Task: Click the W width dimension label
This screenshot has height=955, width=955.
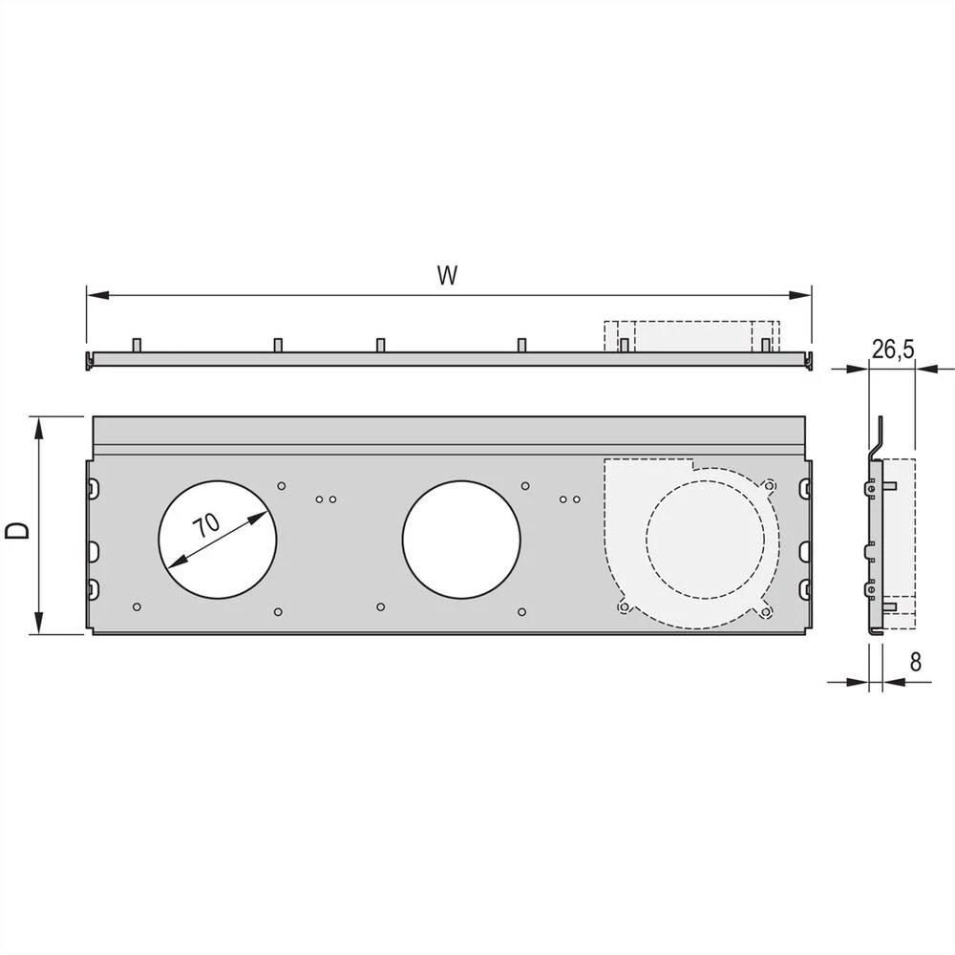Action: click(446, 276)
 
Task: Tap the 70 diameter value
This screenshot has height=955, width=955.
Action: click(205, 527)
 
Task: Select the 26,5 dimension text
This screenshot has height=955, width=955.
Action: click(893, 350)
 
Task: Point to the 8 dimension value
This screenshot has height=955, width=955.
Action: click(916, 662)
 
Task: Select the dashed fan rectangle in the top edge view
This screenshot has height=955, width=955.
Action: click(691, 335)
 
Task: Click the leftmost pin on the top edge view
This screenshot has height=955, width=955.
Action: click(137, 344)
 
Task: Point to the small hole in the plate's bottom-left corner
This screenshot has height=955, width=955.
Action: click(138, 606)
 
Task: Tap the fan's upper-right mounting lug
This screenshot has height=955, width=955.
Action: click(769, 484)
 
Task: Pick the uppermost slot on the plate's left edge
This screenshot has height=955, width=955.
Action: click(93, 489)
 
